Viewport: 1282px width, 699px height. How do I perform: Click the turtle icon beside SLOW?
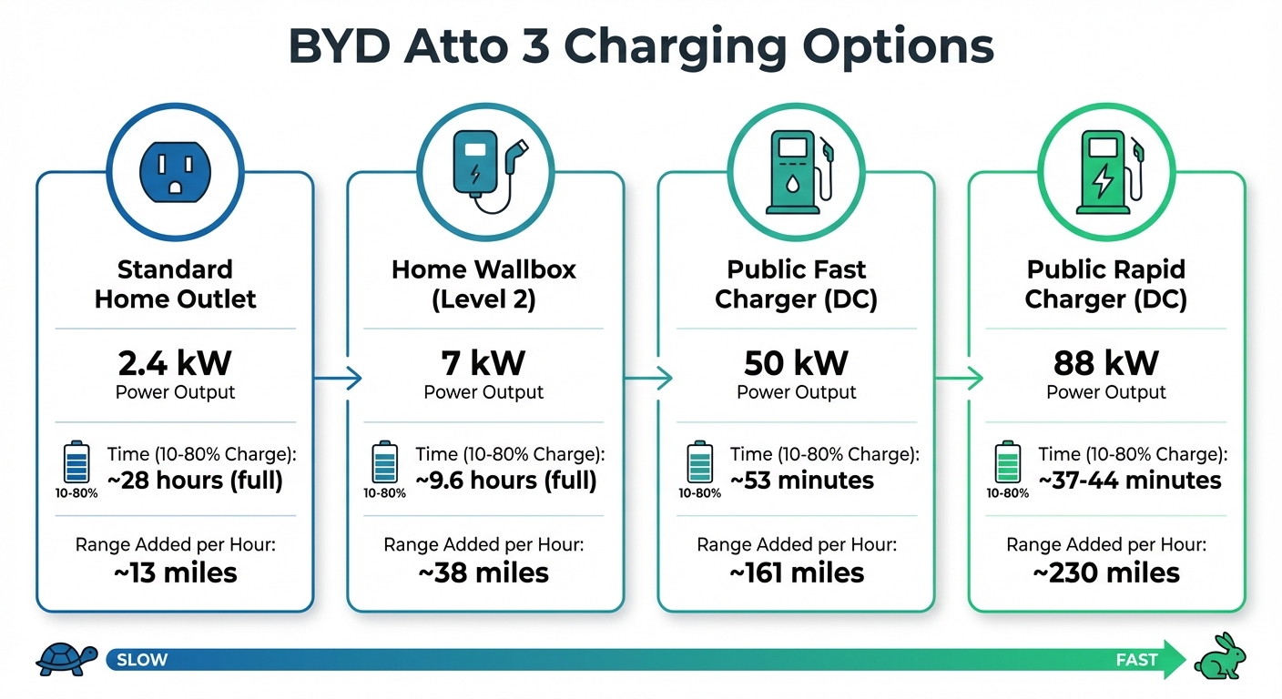pos(66,658)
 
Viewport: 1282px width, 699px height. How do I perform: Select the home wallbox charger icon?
pos(484,174)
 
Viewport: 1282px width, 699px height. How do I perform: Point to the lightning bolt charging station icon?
pos(1105,174)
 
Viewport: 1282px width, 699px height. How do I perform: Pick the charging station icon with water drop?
pos(797,174)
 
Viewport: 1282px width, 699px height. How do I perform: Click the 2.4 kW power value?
pos(175,363)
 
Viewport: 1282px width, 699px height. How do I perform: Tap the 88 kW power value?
pos(1105,363)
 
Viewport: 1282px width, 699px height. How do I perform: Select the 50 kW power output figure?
pos(797,363)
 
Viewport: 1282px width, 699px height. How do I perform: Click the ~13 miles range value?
pos(175,572)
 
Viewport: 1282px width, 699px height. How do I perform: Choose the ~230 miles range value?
pos(1105,572)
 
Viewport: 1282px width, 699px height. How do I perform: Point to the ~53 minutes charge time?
pos(801,481)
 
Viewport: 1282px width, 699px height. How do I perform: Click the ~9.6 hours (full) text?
pos(505,481)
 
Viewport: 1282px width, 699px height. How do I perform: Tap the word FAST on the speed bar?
pos(1136,660)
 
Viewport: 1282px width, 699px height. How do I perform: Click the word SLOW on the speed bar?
pos(142,660)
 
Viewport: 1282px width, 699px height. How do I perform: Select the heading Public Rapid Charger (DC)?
pos(1105,285)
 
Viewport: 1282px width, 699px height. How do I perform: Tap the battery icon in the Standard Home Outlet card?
pos(76,462)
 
